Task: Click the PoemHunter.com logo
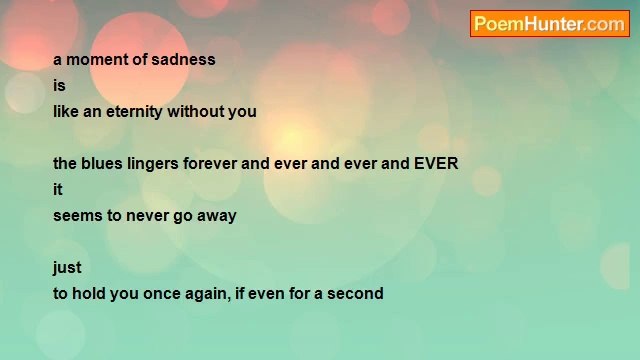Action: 549,24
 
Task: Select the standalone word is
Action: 59,85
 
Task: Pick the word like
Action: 66,111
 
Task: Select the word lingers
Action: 154,164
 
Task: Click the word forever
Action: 210,163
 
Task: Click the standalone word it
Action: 58,189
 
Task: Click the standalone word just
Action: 67,267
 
